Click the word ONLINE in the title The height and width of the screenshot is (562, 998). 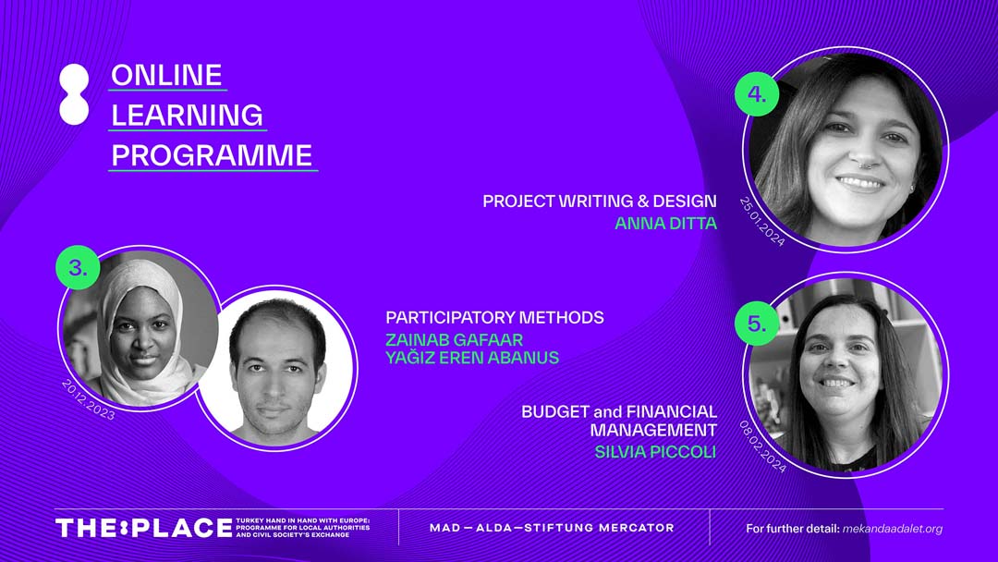pos(166,75)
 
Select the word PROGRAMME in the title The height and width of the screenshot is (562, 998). pos(212,155)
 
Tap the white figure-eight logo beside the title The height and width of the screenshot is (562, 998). pos(74,94)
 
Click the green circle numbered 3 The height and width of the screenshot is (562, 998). pos(79,268)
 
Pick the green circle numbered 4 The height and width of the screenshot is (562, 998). pos(757,94)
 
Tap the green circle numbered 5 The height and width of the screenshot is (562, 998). pos(757,324)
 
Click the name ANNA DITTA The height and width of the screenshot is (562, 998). pos(665,224)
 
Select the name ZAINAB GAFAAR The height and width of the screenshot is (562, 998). pos(455,339)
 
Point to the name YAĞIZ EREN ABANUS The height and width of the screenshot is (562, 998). pos(472,358)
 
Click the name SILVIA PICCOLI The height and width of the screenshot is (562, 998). pos(655,452)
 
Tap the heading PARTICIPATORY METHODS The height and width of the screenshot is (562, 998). pos(494,317)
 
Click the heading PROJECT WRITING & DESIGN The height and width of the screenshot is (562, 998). pos(600,202)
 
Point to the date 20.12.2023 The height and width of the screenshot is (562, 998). pos(89,399)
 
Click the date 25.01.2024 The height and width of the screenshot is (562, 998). pos(762,221)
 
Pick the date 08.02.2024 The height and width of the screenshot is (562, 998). pos(762,446)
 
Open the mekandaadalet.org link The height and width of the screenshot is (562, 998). pos(892,529)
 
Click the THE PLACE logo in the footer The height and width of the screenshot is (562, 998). pos(144,528)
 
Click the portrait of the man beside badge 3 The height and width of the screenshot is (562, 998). pos(275,368)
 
